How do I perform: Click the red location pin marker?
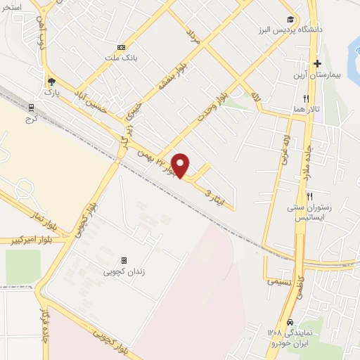(x=181, y=165)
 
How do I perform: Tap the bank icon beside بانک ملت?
(x=122, y=47)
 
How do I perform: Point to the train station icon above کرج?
(x=31, y=108)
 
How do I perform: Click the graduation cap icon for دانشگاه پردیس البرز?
(x=289, y=19)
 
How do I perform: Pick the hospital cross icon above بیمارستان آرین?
(x=318, y=63)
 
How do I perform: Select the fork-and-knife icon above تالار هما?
(x=305, y=99)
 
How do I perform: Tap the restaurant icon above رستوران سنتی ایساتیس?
(x=309, y=195)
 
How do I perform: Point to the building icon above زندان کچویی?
(x=124, y=259)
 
